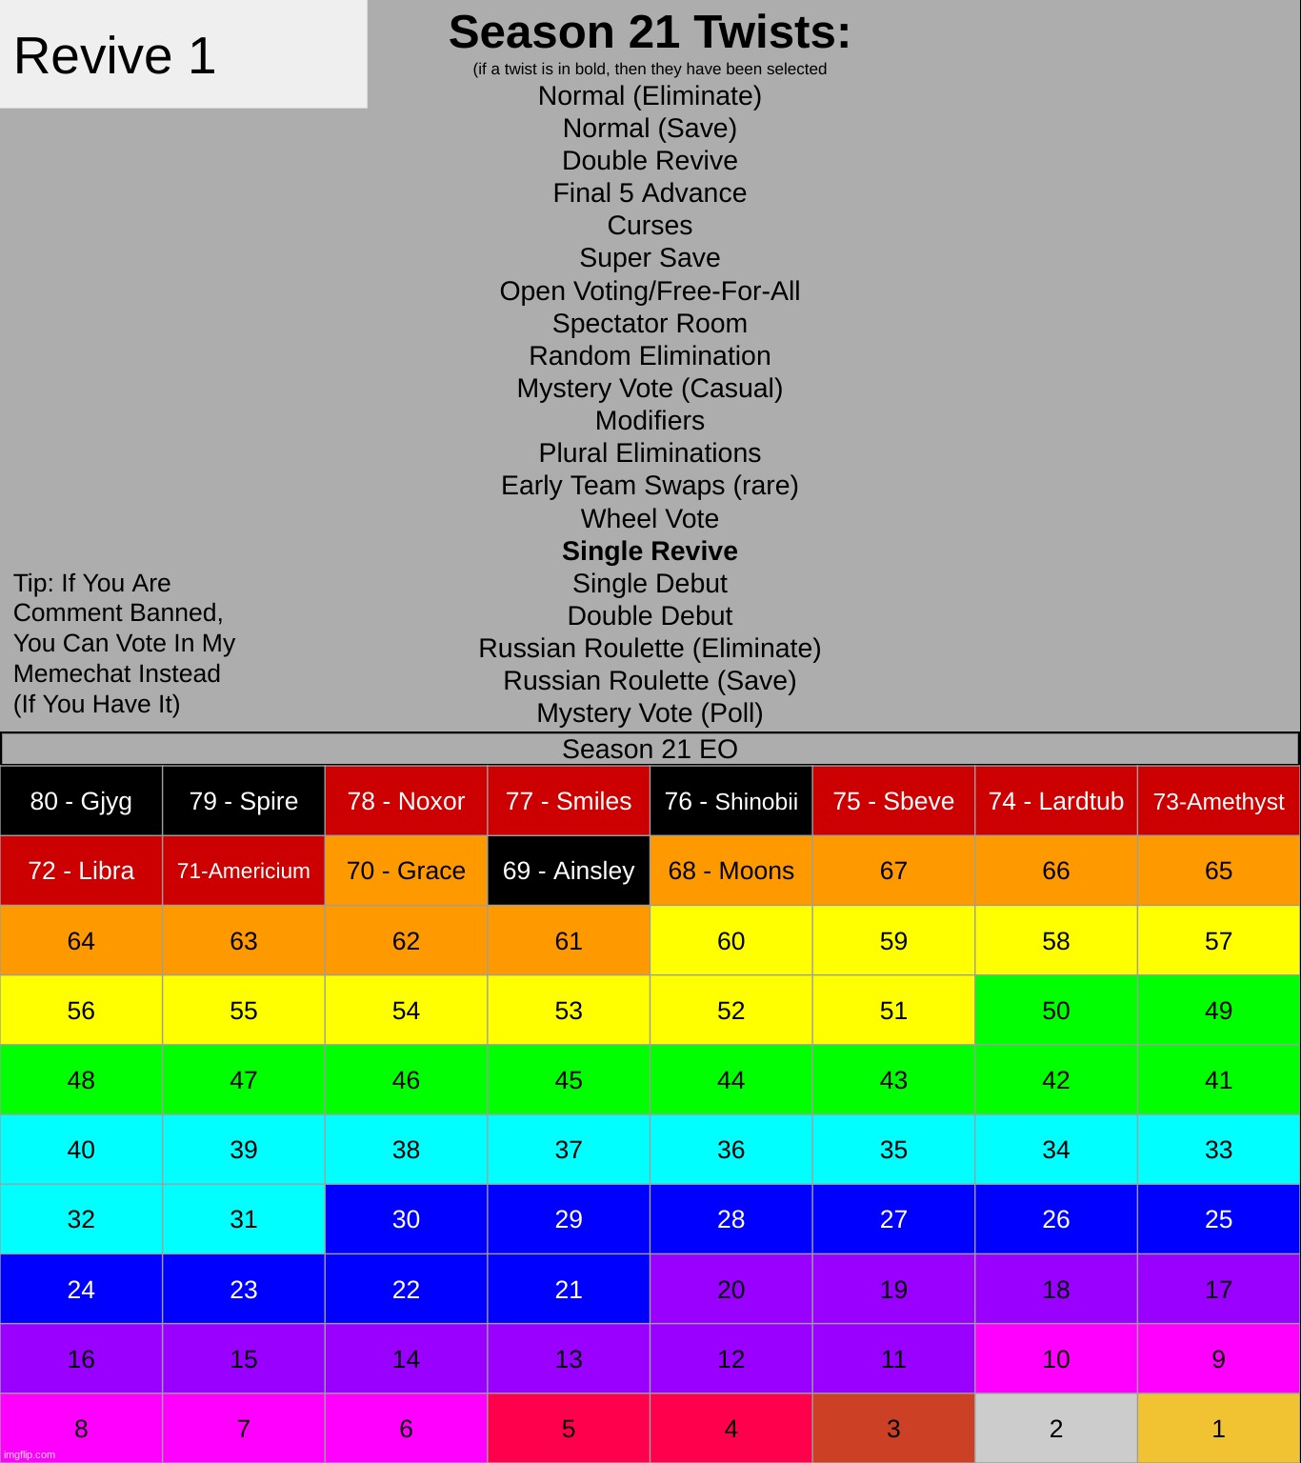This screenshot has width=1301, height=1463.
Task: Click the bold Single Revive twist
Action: [650, 551]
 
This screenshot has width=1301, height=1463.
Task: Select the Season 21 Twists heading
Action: [650, 33]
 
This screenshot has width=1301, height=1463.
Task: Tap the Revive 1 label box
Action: [183, 54]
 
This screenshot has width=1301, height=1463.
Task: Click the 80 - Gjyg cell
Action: [81, 801]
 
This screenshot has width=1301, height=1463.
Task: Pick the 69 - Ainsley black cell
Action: [569, 871]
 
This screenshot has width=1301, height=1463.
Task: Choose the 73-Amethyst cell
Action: [1218, 801]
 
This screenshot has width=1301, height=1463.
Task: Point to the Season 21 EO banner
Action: [650, 750]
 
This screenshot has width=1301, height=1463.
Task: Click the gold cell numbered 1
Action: [1218, 1429]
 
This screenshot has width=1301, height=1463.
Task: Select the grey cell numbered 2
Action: [1055, 1429]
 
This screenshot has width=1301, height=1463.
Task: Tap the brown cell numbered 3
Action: [893, 1429]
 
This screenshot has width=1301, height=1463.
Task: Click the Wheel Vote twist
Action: [650, 519]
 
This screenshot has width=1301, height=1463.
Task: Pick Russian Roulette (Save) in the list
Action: [650, 681]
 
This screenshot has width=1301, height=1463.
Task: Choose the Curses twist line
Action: [650, 226]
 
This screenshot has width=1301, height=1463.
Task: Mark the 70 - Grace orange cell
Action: [406, 871]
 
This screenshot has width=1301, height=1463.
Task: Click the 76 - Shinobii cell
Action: [731, 801]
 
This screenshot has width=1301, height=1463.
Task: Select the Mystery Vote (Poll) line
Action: [650, 713]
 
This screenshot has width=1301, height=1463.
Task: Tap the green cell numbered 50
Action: [1055, 1011]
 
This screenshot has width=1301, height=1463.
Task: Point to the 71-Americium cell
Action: [244, 871]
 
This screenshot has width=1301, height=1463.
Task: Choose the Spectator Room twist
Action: [650, 324]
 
